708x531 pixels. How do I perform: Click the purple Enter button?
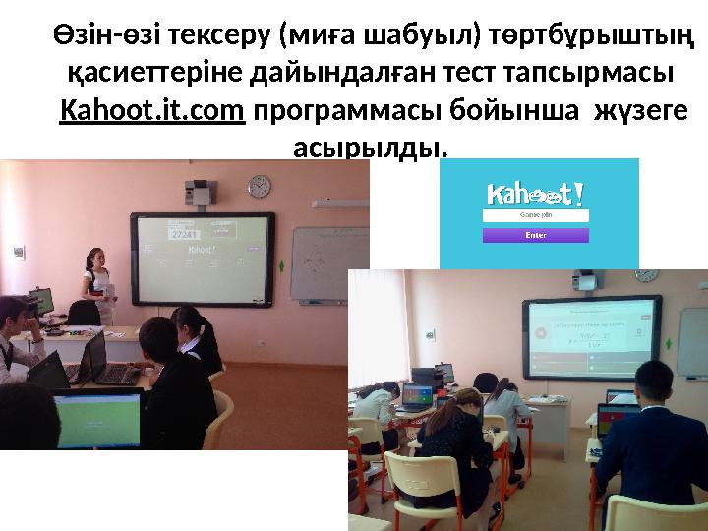pyautogui.click(x=536, y=235)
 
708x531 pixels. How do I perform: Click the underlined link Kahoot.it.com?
pyautogui.click(x=151, y=113)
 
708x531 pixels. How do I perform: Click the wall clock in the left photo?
pyautogui.click(x=260, y=186)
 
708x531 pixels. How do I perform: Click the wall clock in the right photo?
pyautogui.click(x=646, y=276)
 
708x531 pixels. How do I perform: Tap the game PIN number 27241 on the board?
pyautogui.click(x=185, y=235)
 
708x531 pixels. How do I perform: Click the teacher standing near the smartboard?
pyautogui.click(x=99, y=279)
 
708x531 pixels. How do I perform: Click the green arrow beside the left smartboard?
pyautogui.click(x=282, y=265)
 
